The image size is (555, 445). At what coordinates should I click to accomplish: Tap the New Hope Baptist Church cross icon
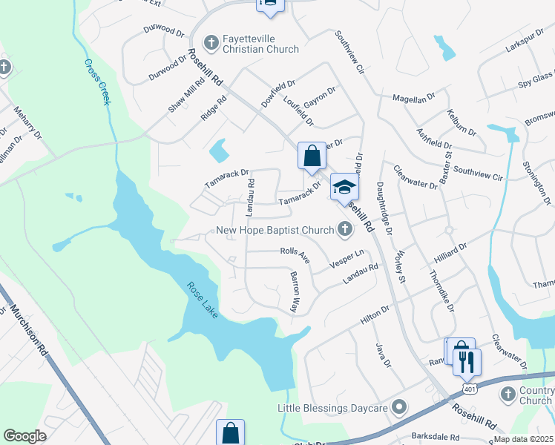[x=344, y=230]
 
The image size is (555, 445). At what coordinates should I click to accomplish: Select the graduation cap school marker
[x=344, y=187]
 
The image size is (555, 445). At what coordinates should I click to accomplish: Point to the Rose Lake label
[x=201, y=300]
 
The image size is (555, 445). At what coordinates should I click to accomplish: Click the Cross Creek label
[x=97, y=82]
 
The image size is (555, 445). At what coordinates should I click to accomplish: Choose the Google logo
[x=25, y=436]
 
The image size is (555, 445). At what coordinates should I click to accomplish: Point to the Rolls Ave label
[x=295, y=252]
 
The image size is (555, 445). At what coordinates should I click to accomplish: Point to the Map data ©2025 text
[x=523, y=439]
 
